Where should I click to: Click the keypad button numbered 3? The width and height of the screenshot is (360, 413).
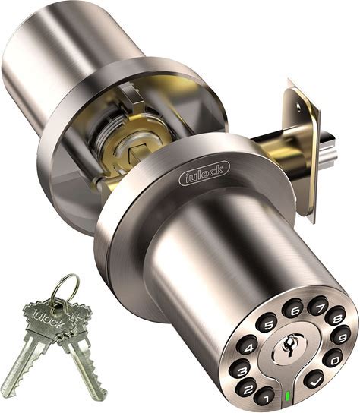tap(240, 370)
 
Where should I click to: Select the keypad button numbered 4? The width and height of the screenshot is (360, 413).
tap(248, 347)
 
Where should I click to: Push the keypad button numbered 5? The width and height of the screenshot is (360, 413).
tap(267, 324)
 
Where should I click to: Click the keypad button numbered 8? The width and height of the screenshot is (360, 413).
tap(336, 318)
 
